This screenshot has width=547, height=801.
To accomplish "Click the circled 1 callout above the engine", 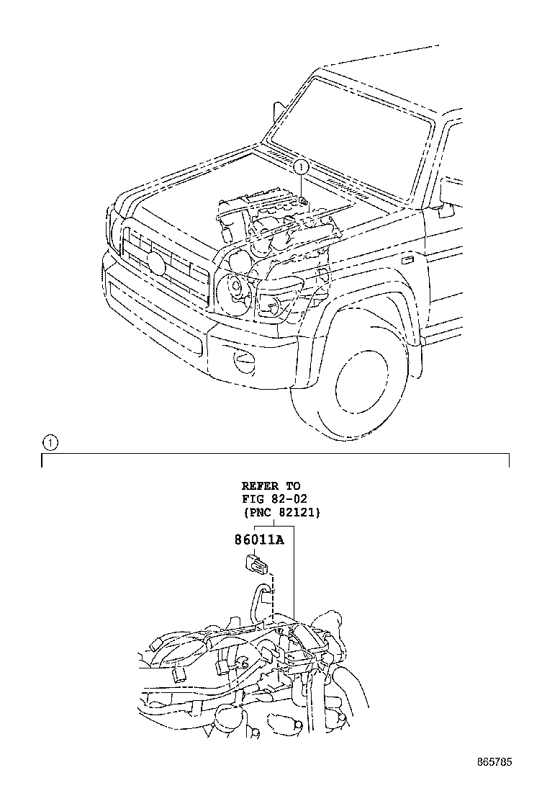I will pyautogui.click(x=301, y=167).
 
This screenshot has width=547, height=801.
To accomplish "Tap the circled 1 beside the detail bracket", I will pyautogui.click(x=48, y=442).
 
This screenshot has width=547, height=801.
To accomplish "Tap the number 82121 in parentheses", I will pyautogui.click(x=299, y=512).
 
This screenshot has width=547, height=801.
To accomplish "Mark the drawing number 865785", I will pyautogui.click(x=497, y=761).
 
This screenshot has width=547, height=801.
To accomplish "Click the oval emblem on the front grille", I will pyautogui.click(x=157, y=262).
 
